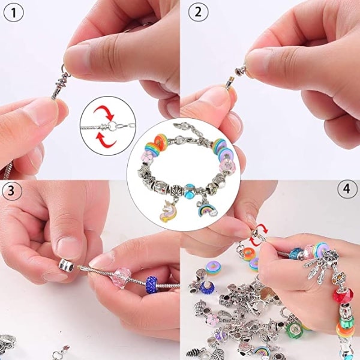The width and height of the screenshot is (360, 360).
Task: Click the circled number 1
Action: tap(14, 13)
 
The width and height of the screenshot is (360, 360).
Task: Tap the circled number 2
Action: tap(199, 13)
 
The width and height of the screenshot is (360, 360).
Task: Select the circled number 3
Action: tap(11, 191)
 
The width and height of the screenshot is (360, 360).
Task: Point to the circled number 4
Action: tap(347, 189)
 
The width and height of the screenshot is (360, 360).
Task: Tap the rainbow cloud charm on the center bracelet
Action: tap(206, 208)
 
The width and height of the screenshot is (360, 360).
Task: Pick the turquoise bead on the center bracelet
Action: tap(190, 190)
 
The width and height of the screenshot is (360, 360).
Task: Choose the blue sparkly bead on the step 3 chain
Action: tap(151, 284)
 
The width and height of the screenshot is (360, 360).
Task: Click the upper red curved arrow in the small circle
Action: tap(104, 112)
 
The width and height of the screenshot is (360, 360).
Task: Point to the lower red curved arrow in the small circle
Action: tap(106, 140)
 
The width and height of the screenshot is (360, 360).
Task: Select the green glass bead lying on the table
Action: tap(293, 330)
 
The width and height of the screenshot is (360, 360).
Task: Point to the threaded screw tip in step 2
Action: tap(230, 81)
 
